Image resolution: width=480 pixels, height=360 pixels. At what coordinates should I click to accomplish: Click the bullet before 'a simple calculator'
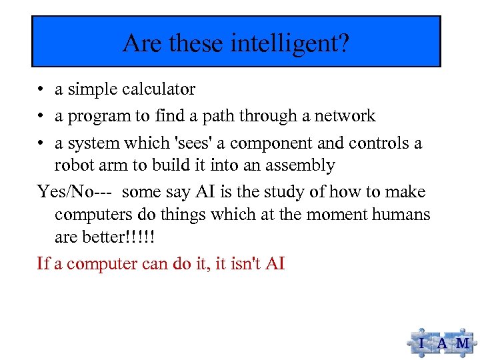click(41, 90)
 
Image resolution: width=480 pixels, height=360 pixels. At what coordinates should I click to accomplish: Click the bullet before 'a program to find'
click(41, 117)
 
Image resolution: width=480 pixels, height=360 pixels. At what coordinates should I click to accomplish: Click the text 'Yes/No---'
click(75, 193)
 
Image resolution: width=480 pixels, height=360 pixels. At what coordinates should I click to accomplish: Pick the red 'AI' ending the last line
click(275, 263)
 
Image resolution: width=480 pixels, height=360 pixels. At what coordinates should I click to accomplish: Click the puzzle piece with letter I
click(421, 343)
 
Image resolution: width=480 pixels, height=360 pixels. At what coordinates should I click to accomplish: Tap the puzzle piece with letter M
click(461, 343)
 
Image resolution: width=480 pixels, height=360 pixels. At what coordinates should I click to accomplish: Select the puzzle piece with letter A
click(441, 343)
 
